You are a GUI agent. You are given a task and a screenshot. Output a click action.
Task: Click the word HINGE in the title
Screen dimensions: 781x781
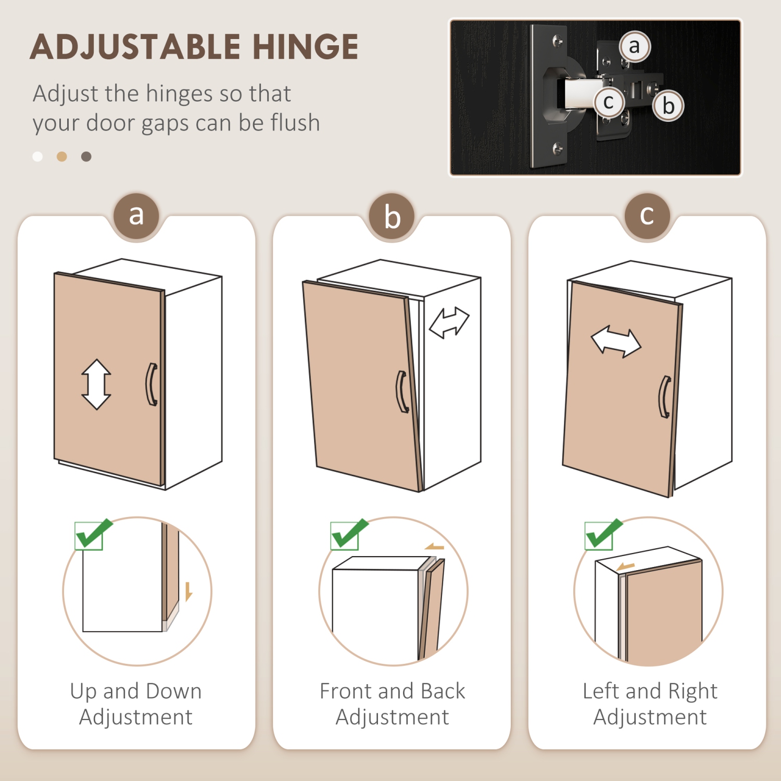[306, 47]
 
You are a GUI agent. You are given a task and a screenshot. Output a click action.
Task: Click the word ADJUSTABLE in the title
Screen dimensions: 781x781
[135, 47]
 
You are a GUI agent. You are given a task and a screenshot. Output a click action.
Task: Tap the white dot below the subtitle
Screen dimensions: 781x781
[37, 157]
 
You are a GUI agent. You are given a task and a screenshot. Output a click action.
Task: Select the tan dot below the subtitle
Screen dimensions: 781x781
[62, 157]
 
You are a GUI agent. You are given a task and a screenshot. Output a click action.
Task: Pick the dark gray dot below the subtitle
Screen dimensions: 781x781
[86, 157]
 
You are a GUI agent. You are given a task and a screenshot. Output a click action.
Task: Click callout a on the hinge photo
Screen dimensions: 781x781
[634, 46]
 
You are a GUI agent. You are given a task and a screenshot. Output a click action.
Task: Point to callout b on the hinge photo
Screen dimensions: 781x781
[669, 106]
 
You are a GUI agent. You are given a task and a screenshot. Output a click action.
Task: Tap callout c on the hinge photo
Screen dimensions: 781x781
[608, 102]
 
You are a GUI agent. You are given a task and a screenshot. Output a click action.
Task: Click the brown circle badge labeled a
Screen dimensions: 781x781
[136, 216]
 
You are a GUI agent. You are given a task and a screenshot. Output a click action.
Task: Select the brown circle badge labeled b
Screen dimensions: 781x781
[392, 217]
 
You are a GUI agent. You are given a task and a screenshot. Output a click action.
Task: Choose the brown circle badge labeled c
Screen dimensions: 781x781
[647, 216]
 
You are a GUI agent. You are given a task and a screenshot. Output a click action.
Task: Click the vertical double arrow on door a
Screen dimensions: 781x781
[96, 384]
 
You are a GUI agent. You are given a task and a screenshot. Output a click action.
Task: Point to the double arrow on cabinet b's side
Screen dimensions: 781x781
[449, 323]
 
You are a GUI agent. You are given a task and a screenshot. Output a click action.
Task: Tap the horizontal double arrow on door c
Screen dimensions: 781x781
[616, 342]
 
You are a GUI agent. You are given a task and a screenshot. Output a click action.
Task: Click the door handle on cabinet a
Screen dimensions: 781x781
[151, 384]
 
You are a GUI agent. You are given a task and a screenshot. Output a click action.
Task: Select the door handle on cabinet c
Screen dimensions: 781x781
[665, 397]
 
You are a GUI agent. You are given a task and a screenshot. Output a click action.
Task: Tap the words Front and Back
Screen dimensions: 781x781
[392, 691]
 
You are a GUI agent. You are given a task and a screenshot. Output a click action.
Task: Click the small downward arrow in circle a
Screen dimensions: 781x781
[188, 591]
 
